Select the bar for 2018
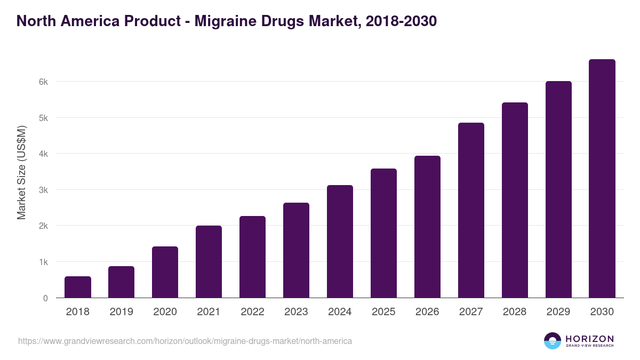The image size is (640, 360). coord(78,287)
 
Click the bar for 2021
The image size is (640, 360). coord(209,262)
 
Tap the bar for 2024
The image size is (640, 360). coord(340,242)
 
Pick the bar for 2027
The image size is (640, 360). coord(471,210)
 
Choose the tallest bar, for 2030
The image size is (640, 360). coord(602,179)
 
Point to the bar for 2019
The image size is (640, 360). coord(122,282)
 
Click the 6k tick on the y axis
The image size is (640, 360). coord(43,82)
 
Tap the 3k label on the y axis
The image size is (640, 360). coord(43,190)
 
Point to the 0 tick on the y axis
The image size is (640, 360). coord(45,298)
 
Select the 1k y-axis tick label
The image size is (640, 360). coord(43,262)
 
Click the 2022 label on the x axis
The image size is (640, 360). coord(252,312)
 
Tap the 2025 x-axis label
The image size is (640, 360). coord(383,312)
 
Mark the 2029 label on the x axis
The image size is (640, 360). coord(558,312)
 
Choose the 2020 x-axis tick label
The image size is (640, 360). coord(165,312)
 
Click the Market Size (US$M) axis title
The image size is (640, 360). coord(21,172)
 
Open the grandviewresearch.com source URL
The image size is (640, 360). coord(185,341)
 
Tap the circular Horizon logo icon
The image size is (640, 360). coord(553,341)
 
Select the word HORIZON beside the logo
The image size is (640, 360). coord(590,338)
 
